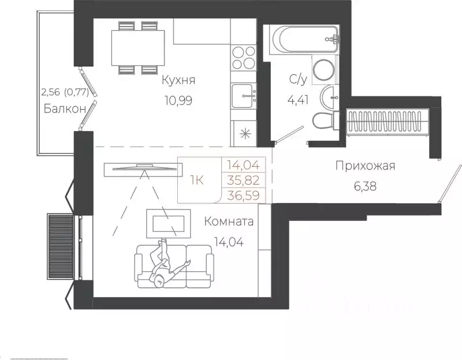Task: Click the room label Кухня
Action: (x=178, y=80)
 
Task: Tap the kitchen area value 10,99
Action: (x=178, y=100)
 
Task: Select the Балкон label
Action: (x=65, y=108)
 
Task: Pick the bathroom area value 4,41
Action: (x=298, y=99)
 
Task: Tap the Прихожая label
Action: (x=364, y=167)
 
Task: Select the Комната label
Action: (x=229, y=221)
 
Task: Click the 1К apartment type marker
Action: (x=196, y=180)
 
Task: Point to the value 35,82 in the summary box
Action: (x=243, y=180)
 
